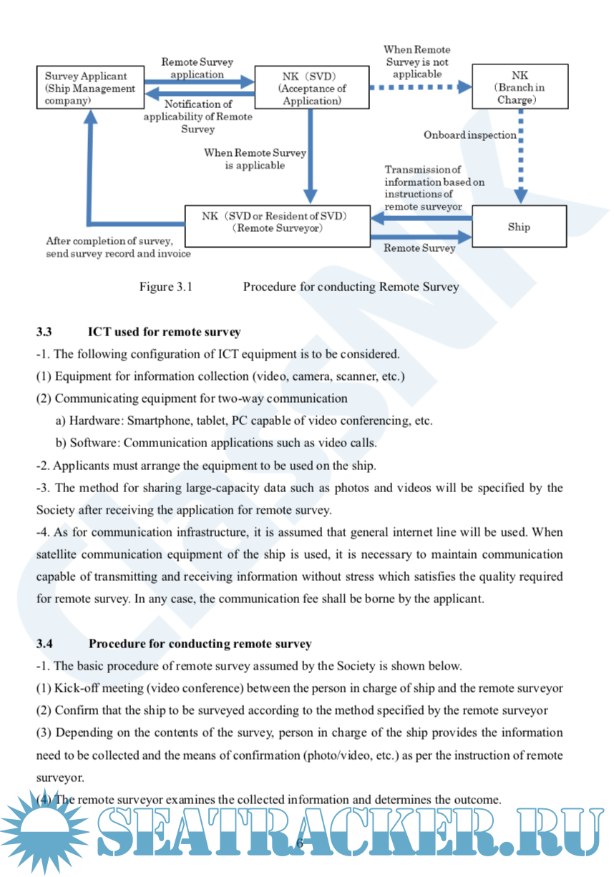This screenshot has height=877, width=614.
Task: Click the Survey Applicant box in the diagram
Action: (x=90, y=87)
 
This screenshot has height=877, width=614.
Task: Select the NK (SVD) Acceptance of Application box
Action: (x=311, y=87)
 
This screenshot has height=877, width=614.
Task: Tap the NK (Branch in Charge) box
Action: (x=520, y=87)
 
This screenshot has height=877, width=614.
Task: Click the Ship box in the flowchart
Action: (x=519, y=227)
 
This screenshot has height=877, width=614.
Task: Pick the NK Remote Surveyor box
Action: (x=277, y=222)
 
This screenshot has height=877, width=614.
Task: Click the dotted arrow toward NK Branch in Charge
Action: (x=420, y=87)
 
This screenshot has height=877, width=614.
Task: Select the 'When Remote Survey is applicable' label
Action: (x=255, y=159)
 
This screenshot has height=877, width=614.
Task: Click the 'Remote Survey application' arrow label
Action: (x=197, y=69)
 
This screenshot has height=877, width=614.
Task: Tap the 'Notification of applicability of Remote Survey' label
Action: (x=198, y=117)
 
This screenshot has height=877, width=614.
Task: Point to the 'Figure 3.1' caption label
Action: (x=166, y=288)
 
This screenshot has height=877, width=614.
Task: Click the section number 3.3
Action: (x=44, y=332)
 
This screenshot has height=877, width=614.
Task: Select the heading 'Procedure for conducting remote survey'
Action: (x=200, y=644)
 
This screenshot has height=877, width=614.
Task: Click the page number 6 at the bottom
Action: (x=300, y=843)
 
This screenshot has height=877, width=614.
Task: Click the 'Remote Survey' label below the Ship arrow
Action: (x=419, y=248)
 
